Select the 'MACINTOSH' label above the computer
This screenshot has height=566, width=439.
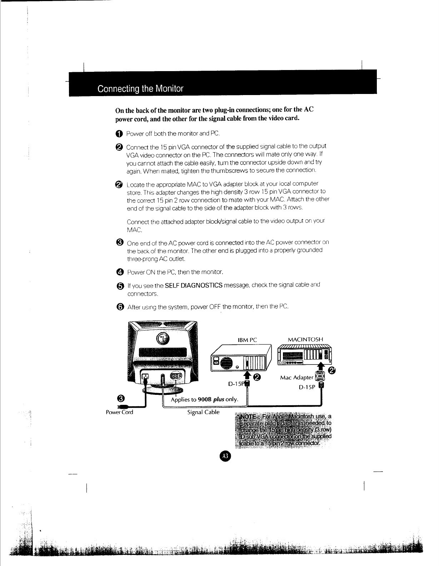(305, 339)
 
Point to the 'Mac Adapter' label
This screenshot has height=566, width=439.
(297, 377)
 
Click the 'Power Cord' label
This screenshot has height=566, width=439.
(119, 412)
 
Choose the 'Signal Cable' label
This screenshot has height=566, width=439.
(203, 412)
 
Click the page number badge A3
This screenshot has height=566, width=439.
(225, 456)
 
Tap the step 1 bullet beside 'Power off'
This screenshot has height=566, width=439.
(119, 134)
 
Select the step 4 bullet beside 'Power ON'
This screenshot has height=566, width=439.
(120, 272)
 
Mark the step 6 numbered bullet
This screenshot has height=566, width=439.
(120, 307)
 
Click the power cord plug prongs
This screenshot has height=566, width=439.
(122, 407)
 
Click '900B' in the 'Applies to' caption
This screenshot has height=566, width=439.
(205, 399)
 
